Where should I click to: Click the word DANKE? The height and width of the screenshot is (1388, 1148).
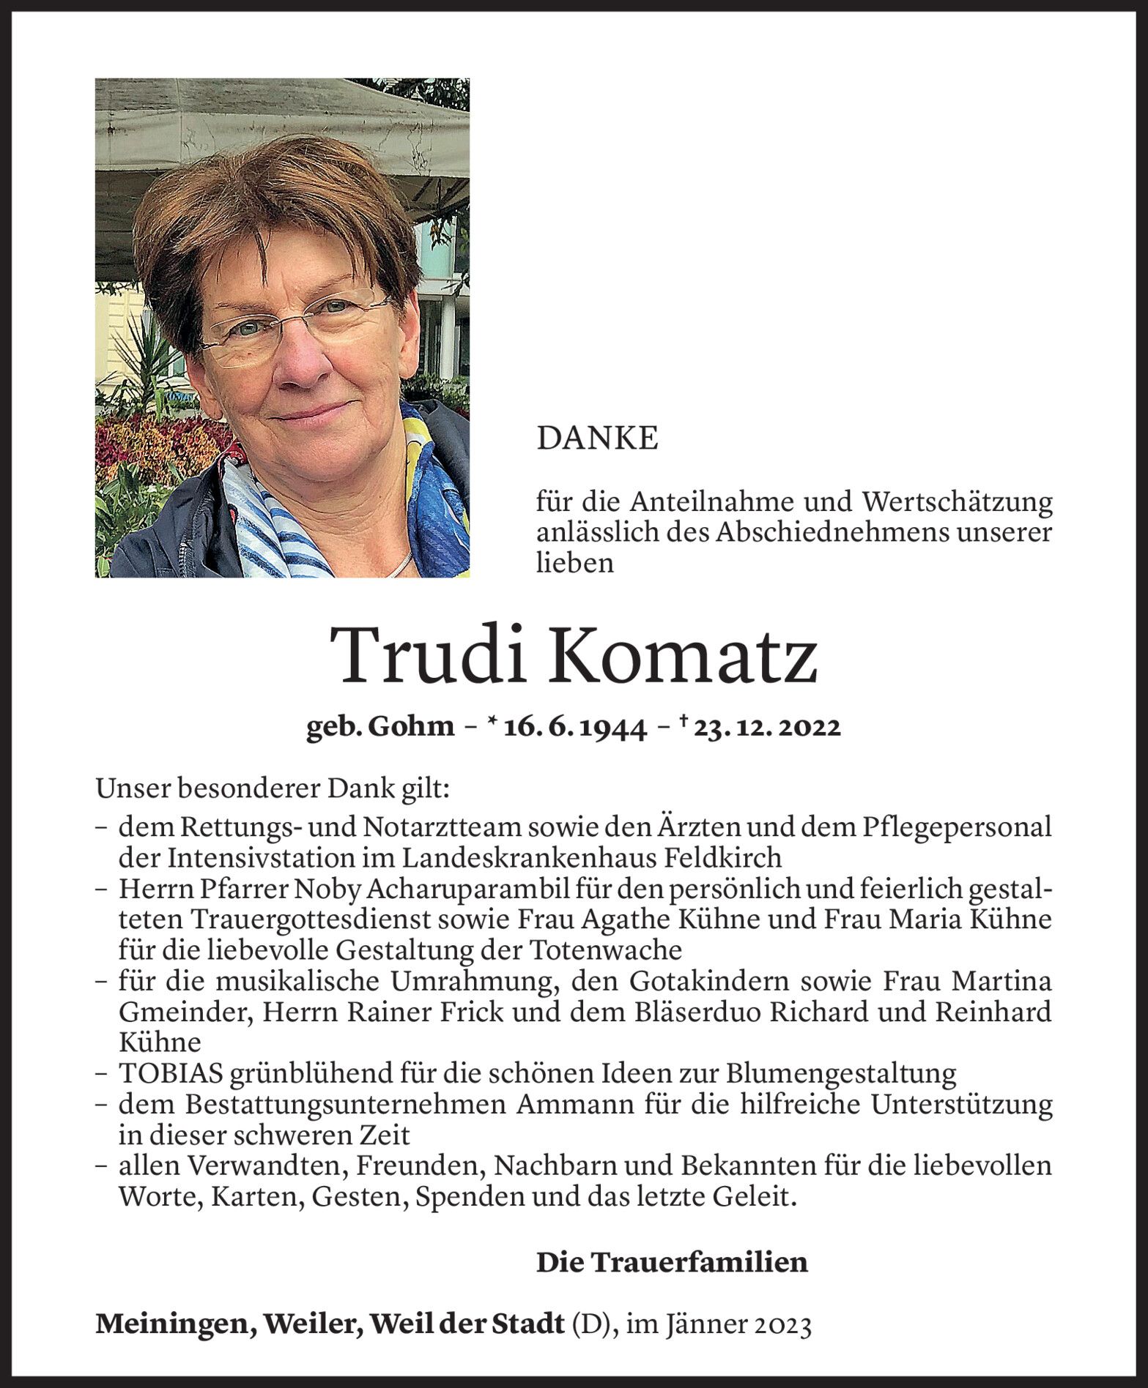[x=597, y=439]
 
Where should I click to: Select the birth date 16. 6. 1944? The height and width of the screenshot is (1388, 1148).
[x=575, y=727]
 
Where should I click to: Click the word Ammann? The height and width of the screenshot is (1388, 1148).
[x=579, y=1105]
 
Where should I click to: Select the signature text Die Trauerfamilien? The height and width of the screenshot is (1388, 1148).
[x=672, y=1262]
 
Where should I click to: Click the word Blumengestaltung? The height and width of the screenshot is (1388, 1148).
[x=841, y=1074]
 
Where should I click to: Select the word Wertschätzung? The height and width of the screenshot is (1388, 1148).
[x=958, y=502]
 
